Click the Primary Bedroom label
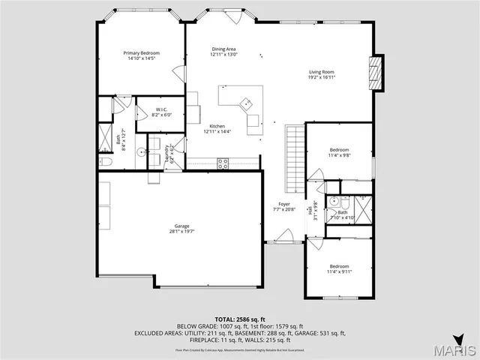pos(142,53)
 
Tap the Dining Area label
pos(223,49)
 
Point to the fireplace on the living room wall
pos(378,72)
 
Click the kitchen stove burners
pos(223,163)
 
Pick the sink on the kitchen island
pos(245,103)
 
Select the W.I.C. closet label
pos(162,110)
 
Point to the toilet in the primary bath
pos(105,162)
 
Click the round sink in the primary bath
pos(140,152)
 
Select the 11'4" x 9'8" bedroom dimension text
pos(340,155)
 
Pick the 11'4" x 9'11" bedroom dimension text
pos(340,271)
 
